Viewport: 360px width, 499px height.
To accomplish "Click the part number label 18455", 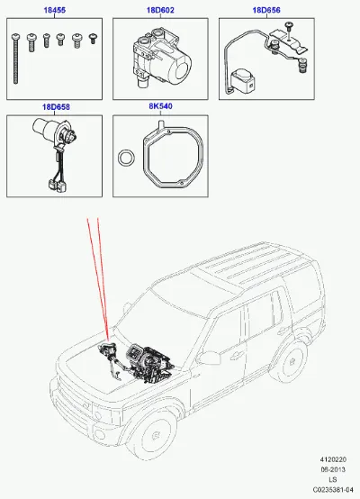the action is coord(54,10).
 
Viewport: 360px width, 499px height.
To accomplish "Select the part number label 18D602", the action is coord(160,10).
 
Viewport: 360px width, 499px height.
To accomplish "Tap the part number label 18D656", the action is coord(266,10).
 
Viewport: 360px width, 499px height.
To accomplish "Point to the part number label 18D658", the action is coord(56,107).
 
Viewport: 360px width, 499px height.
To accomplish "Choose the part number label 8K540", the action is coord(160,106).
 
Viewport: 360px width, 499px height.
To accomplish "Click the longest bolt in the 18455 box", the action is coord(15,59).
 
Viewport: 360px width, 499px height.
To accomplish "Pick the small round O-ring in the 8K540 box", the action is coord(126,158).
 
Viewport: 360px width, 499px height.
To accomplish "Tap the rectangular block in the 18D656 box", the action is coord(242,81).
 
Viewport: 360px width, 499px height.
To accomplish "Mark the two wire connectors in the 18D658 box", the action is coord(58,186).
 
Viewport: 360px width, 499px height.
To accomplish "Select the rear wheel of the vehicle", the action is coord(291,361).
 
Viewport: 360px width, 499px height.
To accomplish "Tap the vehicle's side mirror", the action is coord(211,357).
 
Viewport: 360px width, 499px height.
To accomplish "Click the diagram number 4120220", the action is coord(333,459).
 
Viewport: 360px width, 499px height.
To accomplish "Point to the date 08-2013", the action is coord(333,469).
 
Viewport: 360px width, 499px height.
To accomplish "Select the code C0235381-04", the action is coord(333,490).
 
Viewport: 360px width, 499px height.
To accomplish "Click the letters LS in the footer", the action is coord(333,479).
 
